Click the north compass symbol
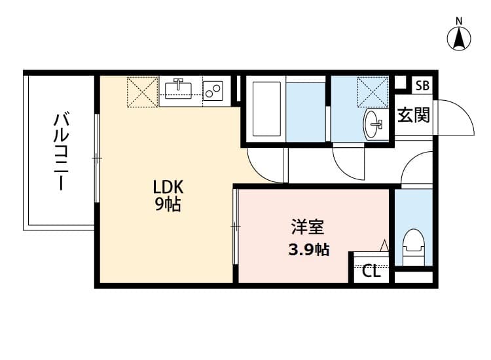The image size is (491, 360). [x=460, y=38]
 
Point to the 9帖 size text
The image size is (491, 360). [x=168, y=205]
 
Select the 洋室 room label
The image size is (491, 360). [x=308, y=228]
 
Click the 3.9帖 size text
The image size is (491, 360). [x=307, y=249]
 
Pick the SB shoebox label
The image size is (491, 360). [x=422, y=85]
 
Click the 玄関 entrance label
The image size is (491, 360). [x=414, y=116]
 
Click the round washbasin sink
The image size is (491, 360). [x=374, y=122]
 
